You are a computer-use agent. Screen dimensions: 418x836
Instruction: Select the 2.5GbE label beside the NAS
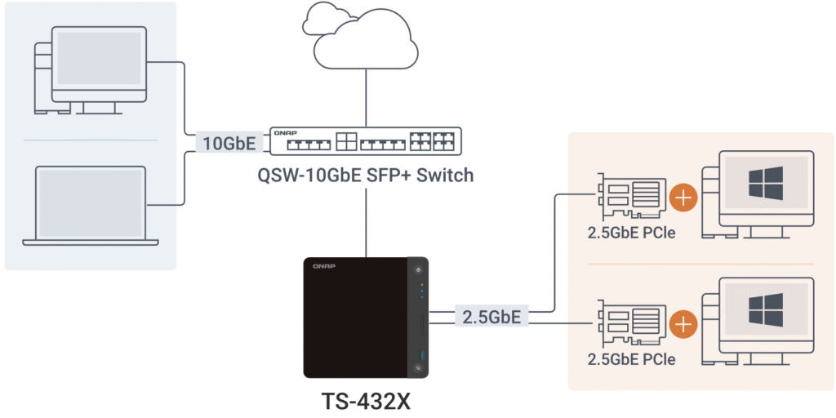click(x=491, y=316)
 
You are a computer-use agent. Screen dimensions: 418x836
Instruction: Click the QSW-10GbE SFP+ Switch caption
click(x=365, y=175)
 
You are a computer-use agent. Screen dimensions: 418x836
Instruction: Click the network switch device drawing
click(x=365, y=142)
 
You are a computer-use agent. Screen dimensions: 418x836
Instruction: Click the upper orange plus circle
click(x=683, y=198)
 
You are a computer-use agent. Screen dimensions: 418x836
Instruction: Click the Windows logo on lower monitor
click(x=765, y=310)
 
